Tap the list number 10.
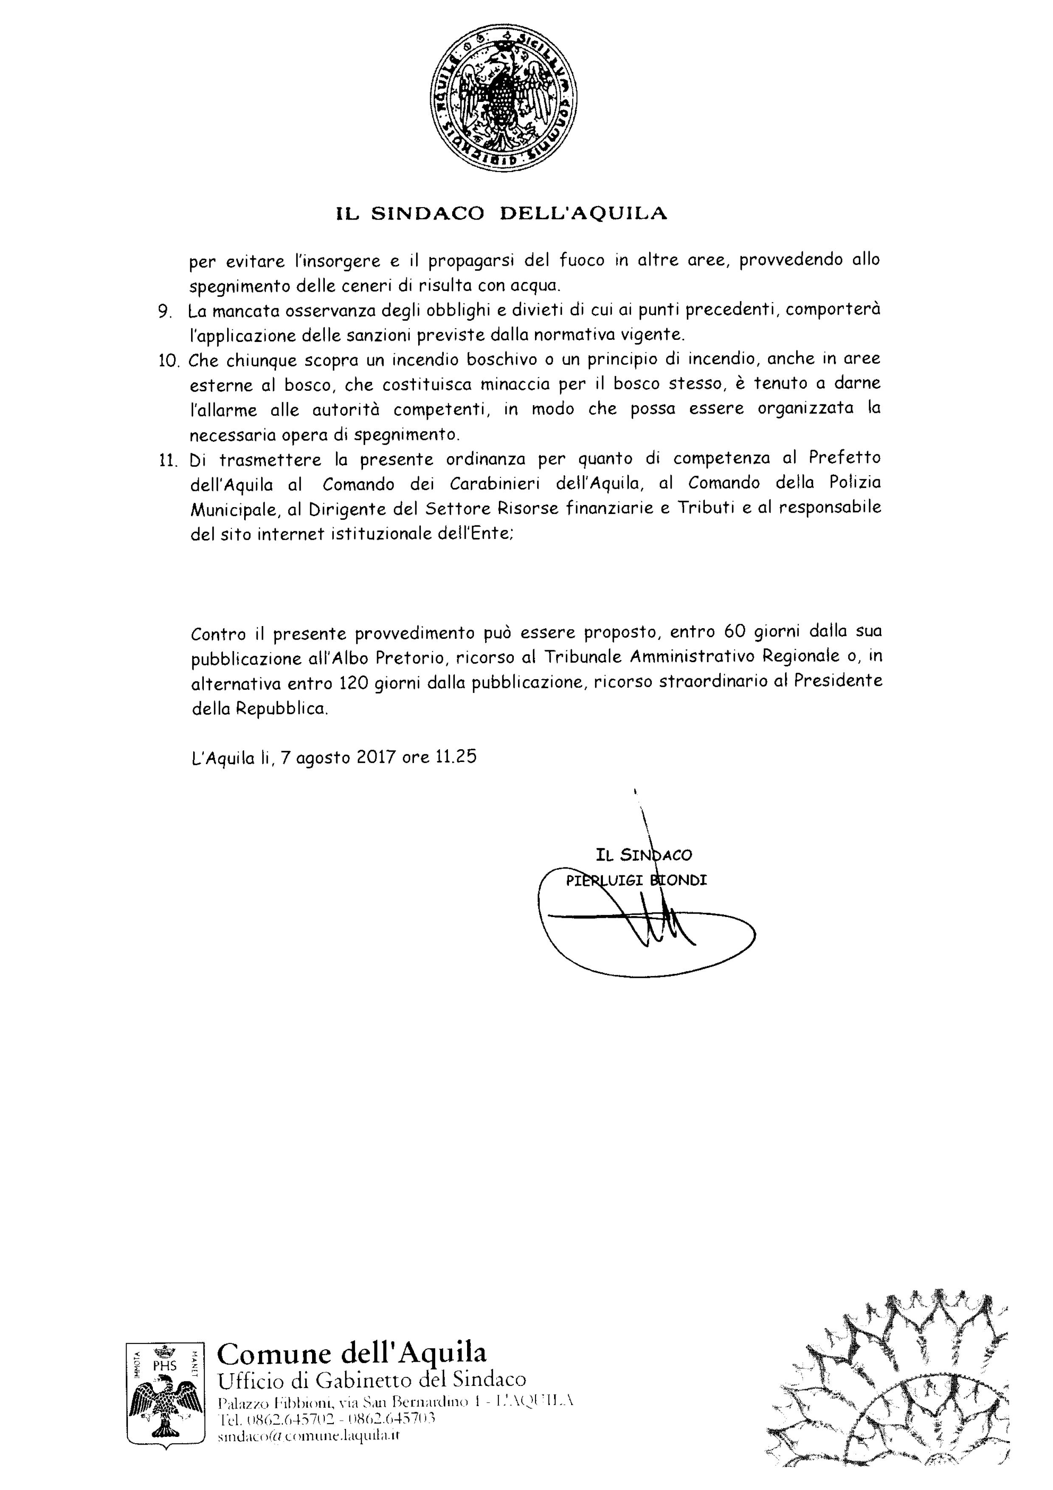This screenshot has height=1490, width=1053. pyautogui.click(x=168, y=361)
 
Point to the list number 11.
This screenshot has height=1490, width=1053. pyautogui.click(x=168, y=461)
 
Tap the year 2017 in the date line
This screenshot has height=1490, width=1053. pyautogui.click(x=376, y=757)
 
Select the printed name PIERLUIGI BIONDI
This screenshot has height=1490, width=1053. pyautogui.click(x=635, y=880)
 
